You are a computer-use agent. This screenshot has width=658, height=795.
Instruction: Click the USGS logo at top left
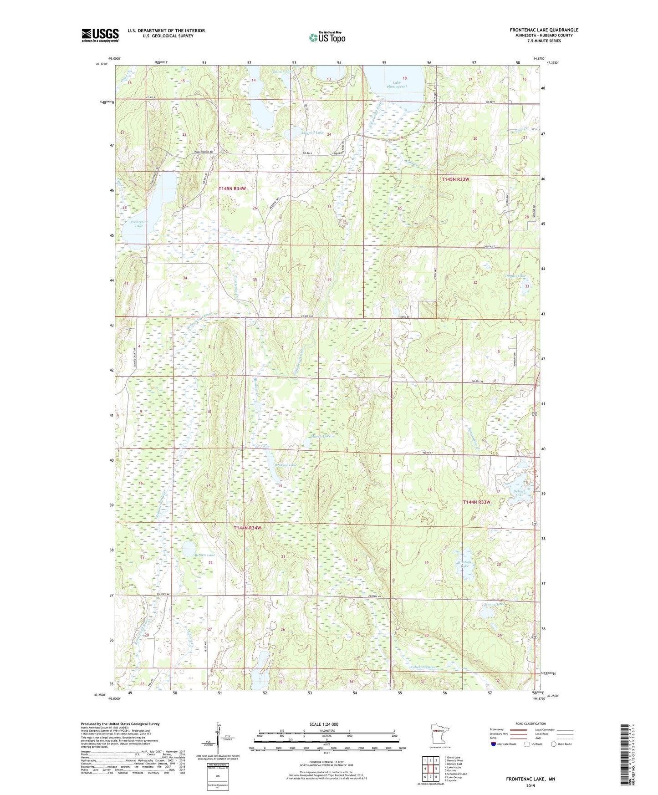click(x=100, y=35)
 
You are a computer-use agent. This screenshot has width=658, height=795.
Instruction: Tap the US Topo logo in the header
click(x=327, y=37)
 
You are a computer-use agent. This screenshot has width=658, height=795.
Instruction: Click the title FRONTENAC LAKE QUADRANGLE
click(x=544, y=30)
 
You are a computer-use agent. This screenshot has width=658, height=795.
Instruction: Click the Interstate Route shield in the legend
click(x=494, y=744)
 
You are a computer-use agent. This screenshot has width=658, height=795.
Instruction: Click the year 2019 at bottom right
click(x=530, y=785)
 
